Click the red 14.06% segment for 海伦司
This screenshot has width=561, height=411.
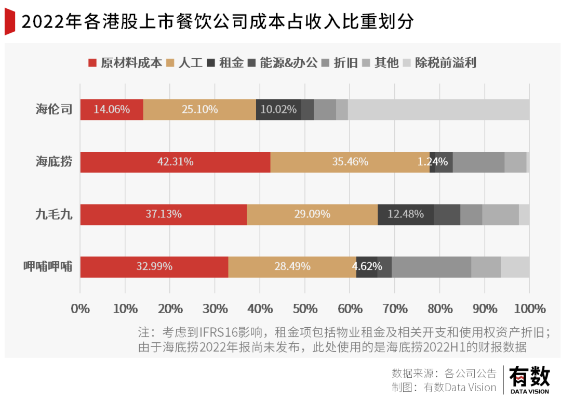(111, 110)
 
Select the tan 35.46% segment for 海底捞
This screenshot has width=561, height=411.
(350, 162)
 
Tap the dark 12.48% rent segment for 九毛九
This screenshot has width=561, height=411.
(405, 214)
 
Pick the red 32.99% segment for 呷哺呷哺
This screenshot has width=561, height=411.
(154, 267)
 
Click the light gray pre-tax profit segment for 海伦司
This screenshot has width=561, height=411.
(438, 110)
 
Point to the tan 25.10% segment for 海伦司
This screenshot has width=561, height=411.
(199, 110)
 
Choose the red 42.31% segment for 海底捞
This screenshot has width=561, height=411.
(175, 162)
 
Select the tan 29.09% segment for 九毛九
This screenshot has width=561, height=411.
(312, 214)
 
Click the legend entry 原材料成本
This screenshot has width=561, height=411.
(125, 63)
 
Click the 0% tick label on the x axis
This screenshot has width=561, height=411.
(81, 309)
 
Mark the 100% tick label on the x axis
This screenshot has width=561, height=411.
(529, 309)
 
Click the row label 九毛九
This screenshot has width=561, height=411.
(54, 214)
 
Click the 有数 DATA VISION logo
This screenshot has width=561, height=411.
(529, 379)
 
